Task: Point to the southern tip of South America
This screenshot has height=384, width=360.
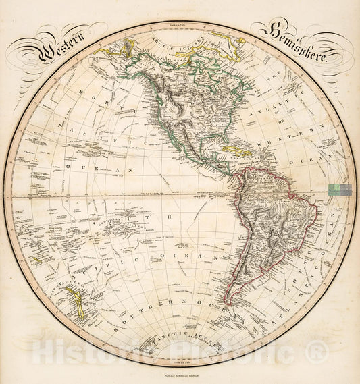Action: [234, 300]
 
